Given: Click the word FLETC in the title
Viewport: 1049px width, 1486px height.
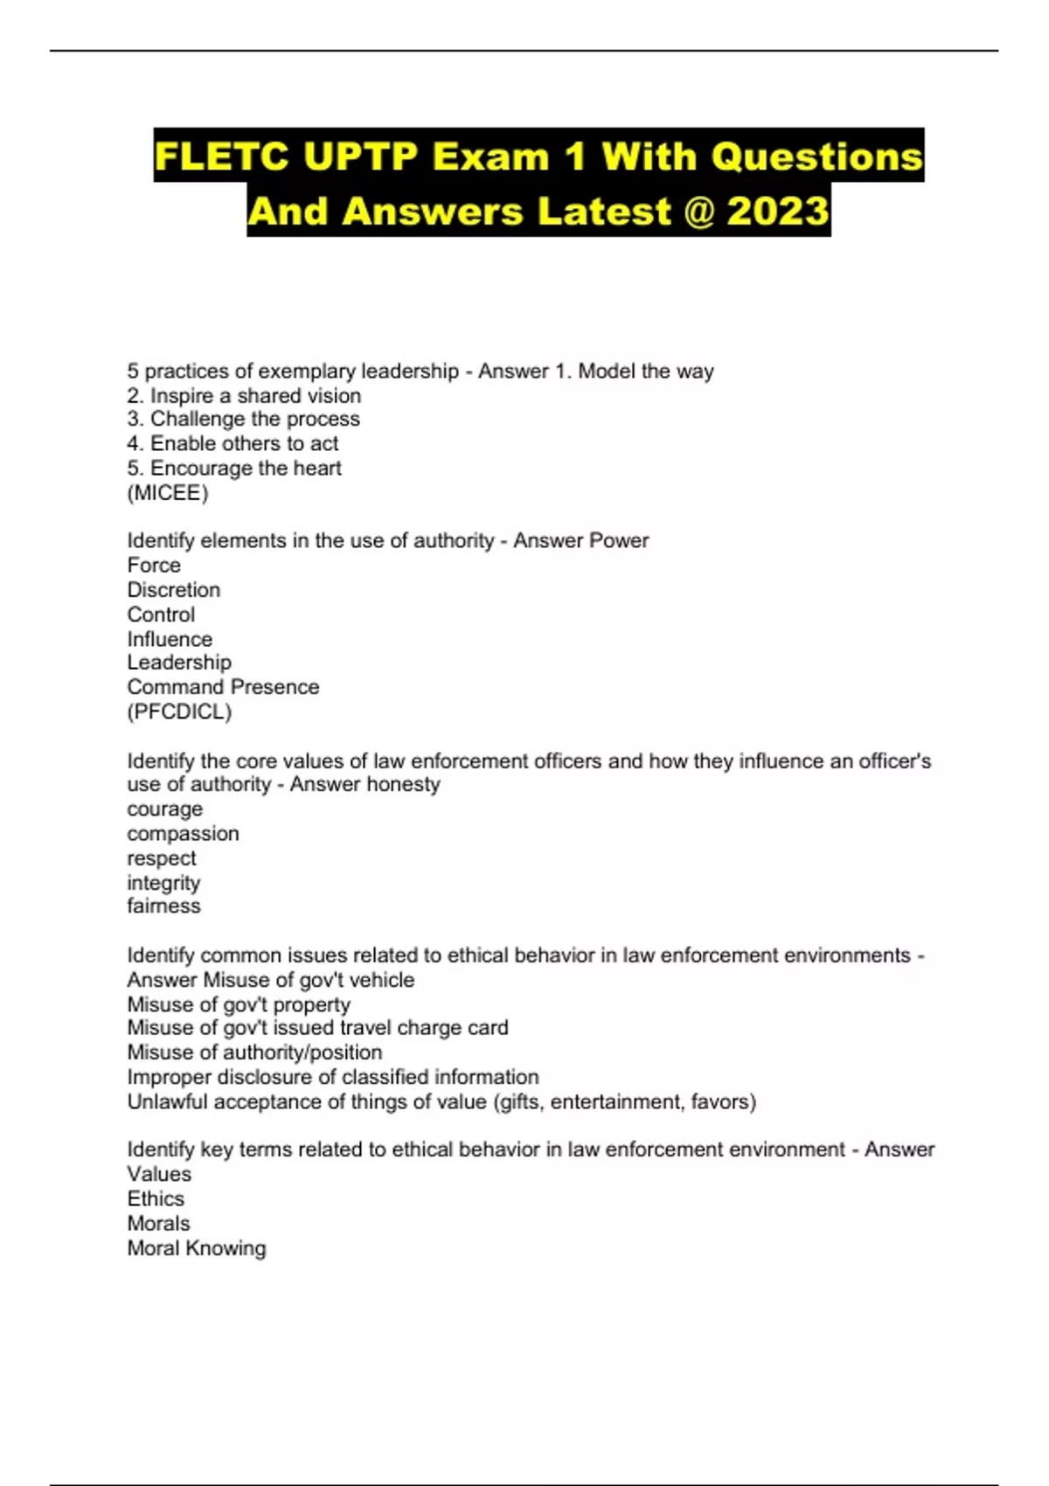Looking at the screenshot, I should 221,157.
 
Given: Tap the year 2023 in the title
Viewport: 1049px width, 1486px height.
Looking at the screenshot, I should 777,212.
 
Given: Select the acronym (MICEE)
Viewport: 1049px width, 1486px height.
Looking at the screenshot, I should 168,493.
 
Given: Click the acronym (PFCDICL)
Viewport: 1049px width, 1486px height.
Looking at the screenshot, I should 179,712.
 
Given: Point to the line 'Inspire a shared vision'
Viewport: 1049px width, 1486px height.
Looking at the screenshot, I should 244,396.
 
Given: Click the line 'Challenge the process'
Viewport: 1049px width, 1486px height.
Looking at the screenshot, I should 243,420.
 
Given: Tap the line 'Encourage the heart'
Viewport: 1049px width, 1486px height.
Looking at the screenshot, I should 234,469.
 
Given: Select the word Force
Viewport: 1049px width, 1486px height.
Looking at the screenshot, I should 154,566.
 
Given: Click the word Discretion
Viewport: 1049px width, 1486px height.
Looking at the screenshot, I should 173,590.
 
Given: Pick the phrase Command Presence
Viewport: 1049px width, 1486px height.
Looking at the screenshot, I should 223,687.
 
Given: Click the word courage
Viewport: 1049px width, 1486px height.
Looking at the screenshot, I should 164,809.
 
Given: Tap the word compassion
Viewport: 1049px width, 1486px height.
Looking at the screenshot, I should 183,834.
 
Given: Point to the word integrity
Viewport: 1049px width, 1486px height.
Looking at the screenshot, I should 163,883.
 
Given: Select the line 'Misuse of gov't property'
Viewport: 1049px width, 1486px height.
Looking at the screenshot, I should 239,1004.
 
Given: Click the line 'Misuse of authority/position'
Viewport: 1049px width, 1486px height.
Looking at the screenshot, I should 254,1052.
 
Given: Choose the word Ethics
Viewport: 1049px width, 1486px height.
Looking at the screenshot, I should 156,1199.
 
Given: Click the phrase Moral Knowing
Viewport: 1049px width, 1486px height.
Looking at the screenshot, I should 197,1248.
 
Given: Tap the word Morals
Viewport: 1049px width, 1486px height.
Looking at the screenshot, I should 158,1224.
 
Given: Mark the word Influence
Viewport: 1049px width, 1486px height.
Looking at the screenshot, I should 170,639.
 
